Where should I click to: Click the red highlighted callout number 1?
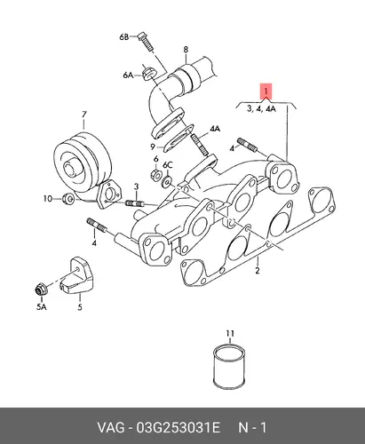point(266,91)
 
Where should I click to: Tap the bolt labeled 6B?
point(146,43)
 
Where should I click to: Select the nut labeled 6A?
point(147,74)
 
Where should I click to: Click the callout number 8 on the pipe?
point(186,50)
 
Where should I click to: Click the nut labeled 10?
point(68,198)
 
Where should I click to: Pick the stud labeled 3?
point(135,203)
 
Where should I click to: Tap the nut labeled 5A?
point(41,289)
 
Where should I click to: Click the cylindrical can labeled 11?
point(229,367)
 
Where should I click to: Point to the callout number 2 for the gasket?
point(258,270)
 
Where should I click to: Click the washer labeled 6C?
point(166,182)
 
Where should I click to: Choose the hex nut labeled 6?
point(156,175)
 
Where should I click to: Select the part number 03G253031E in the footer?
point(178,428)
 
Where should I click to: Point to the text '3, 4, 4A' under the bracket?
point(262,109)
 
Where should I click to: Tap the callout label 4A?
point(215,129)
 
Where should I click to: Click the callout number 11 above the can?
point(230,334)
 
